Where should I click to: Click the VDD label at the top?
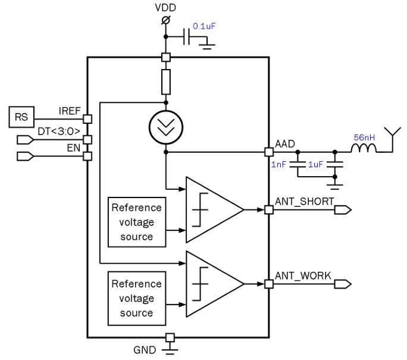point(165,8)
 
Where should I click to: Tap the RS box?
point(21,117)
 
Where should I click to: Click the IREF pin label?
point(70,111)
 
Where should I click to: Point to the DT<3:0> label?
point(59,131)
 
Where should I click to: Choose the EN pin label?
point(73,146)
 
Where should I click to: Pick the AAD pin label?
point(285,143)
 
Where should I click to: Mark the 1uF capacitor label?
point(315,164)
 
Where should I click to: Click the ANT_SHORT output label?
point(304,201)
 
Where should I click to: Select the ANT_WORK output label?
point(303,276)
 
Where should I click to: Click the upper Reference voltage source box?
point(136,222)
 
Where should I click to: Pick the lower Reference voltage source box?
point(136,298)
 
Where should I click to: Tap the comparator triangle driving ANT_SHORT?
point(211,209)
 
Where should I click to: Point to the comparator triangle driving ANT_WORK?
point(211,284)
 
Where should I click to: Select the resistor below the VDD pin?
point(166,82)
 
